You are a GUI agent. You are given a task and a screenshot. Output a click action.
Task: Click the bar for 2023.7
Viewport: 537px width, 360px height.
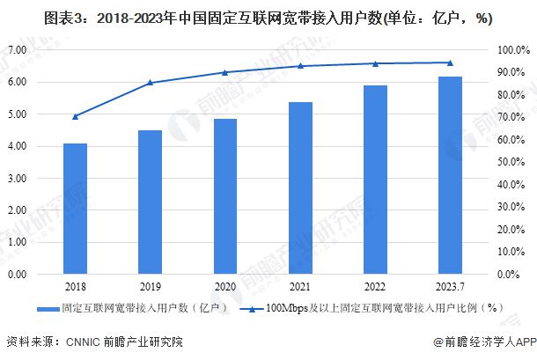pyautogui.click(x=450, y=175)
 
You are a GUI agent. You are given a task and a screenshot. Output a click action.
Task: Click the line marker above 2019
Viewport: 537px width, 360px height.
pyautogui.click(x=150, y=83)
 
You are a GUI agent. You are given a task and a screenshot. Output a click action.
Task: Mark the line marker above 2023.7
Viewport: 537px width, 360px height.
pyautogui.click(x=450, y=62)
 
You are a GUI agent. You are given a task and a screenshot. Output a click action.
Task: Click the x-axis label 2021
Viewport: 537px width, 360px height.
pyautogui.click(x=300, y=287)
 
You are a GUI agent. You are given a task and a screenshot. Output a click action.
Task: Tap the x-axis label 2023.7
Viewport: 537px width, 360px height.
pyautogui.click(x=450, y=287)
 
